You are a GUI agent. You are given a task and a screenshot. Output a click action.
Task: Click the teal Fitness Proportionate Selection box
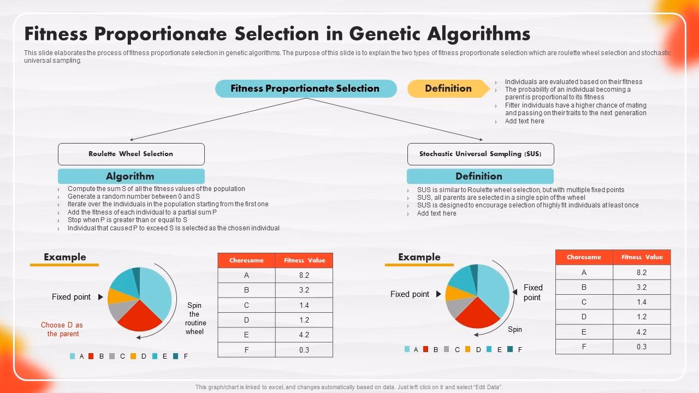coord(306,88)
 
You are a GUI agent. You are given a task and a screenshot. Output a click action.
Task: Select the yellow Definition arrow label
coord(448,88)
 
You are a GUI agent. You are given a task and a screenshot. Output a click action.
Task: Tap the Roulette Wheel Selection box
coord(131,154)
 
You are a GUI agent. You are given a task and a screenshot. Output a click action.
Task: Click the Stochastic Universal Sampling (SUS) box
coord(481,154)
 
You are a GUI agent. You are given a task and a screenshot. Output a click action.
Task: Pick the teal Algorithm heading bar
coord(131,176)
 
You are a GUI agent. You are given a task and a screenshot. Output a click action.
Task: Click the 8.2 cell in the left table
coord(304,276)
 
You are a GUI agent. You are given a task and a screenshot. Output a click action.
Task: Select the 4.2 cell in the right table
coord(641,332)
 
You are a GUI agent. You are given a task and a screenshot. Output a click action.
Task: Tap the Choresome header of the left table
coord(246,260)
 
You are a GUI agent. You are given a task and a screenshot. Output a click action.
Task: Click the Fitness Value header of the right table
coord(642,257)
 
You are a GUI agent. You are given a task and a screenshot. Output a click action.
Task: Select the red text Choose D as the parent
coord(62,329)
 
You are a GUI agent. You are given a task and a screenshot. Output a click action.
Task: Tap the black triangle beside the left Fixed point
coord(100,297)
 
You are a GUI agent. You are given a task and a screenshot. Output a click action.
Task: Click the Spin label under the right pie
coord(515,329)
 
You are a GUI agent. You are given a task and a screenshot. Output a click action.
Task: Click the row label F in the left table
coord(246,350)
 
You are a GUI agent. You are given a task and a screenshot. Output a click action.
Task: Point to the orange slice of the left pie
coord(115,296)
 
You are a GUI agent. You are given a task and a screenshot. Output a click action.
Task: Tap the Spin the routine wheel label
coord(194,318)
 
